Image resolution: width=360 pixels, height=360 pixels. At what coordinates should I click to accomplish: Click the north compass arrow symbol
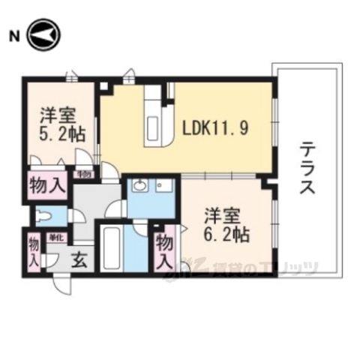coord(43,35)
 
